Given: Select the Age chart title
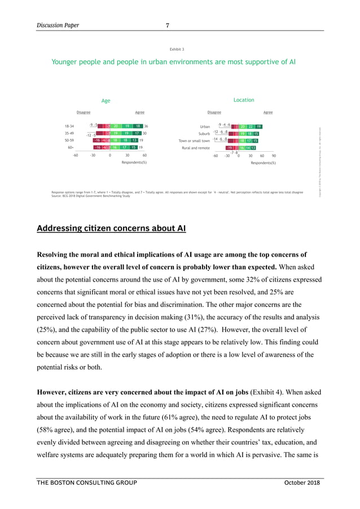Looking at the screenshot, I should (x=106, y=101).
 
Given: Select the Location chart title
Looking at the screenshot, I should (x=243, y=100).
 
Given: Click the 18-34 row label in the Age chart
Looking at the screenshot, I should (x=71, y=126).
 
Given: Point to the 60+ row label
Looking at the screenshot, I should (x=69, y=147).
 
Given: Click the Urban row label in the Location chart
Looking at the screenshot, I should (x=204, y=127).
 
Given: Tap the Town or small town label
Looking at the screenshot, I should (x=194, y=141).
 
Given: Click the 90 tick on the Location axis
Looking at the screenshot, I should (x=274, y=155).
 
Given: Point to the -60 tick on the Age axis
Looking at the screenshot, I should (x=75, y=155).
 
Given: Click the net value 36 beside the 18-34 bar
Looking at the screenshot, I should (x=146, y=126).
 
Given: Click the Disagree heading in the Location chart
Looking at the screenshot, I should (x=214, y=112).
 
